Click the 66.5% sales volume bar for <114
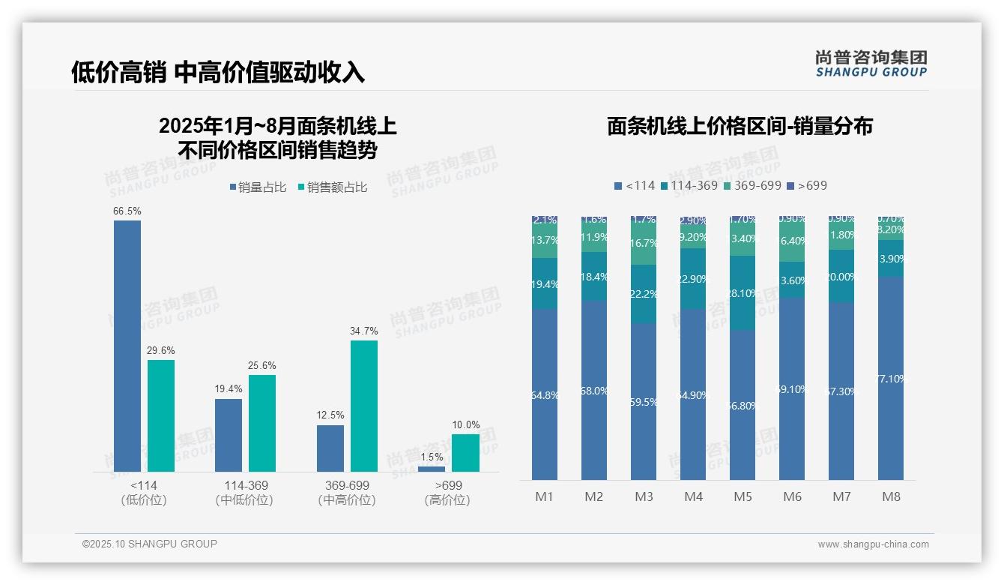pyautogui.click(x=127, y=345)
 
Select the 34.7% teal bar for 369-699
pyautogui.click(x=364, y=406)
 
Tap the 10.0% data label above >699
pyautogui.click(x=465, y=425)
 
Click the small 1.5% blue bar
pyautogui.click(x=431, y=469)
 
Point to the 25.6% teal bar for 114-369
pyautogui.click(x=262, y=423)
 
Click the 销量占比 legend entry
pyautogui.click(x=258, y=187)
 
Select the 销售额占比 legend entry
pyautogui.click(x=333, y=187)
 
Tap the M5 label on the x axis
pyautogui.click(x=743, y=496)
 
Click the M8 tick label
pyautogui.click(x=891, y=496)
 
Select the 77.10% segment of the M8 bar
pyautogui.click(x=891, y=379)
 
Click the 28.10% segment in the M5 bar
pyautogui.click(x=743, y=293)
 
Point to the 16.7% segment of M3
pyautogui.click(x=644, y=243)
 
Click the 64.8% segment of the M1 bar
pyautogui.click(x=545, y=394)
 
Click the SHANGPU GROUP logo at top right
pyautogui.click(x=871, y=64)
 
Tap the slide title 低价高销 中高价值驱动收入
pyautogui.click(x=218, y=72)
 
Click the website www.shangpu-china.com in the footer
pyautogui.click(x=873, y=544)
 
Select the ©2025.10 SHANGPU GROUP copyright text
pyautogui.click(x=150, y=544)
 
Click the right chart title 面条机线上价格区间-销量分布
pyautogui.click(x=740, y=126)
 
